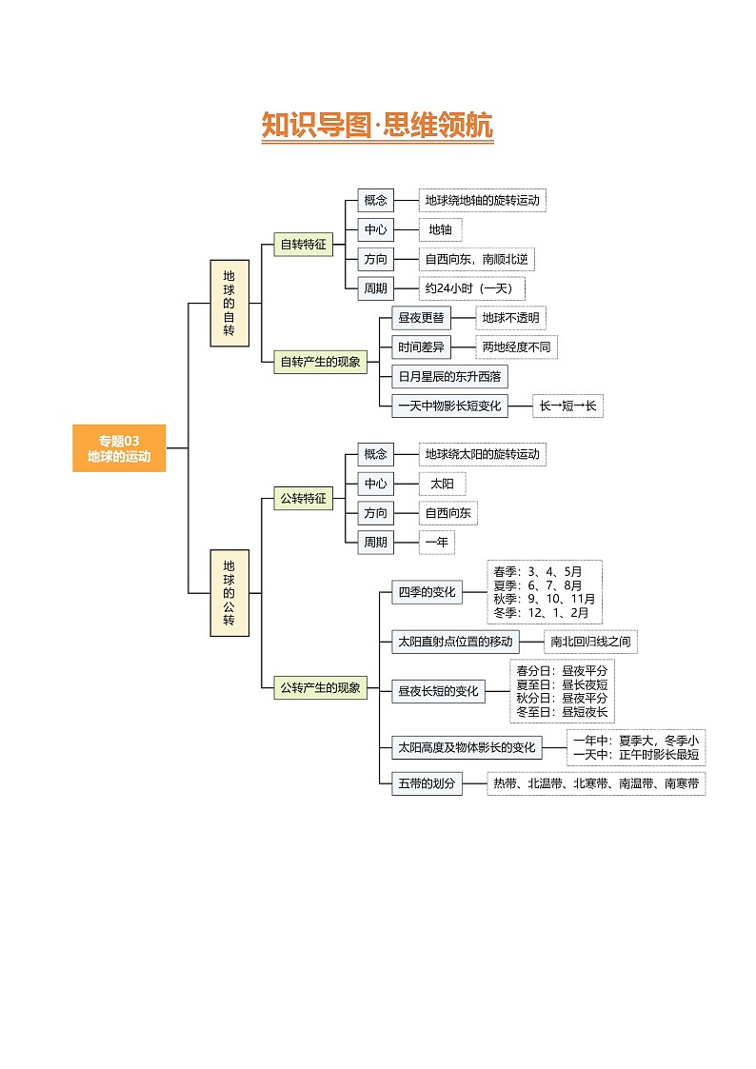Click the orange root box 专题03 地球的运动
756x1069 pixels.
tap(119, 447)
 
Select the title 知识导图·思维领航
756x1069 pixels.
tap(377, 126)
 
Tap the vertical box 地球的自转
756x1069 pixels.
tap(229, 303)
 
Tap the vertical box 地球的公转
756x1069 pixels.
tap(229, 592)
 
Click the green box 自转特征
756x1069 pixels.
tap(303, 245)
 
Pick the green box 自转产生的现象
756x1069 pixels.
tap(320, 362)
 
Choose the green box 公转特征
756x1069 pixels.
tap(303, 498)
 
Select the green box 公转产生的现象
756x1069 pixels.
tap(320, 687)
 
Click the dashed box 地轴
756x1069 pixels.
tap(441, 229)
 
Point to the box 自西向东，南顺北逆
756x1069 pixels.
tap(476, 259)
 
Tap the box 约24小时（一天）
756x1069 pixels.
tap(472, 288)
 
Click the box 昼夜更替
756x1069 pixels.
tap(420, 318)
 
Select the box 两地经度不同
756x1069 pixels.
tap(516, 347)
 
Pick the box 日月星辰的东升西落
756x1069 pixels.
tap(449, 377)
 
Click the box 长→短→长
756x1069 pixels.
tap(567, 406)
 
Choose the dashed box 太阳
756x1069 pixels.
tap(442, 484)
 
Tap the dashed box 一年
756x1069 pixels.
tap(437, 543)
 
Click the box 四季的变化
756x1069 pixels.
tap(427, 592)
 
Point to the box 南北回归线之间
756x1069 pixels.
tap(590, 642)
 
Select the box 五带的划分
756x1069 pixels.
tap(427, 784)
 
